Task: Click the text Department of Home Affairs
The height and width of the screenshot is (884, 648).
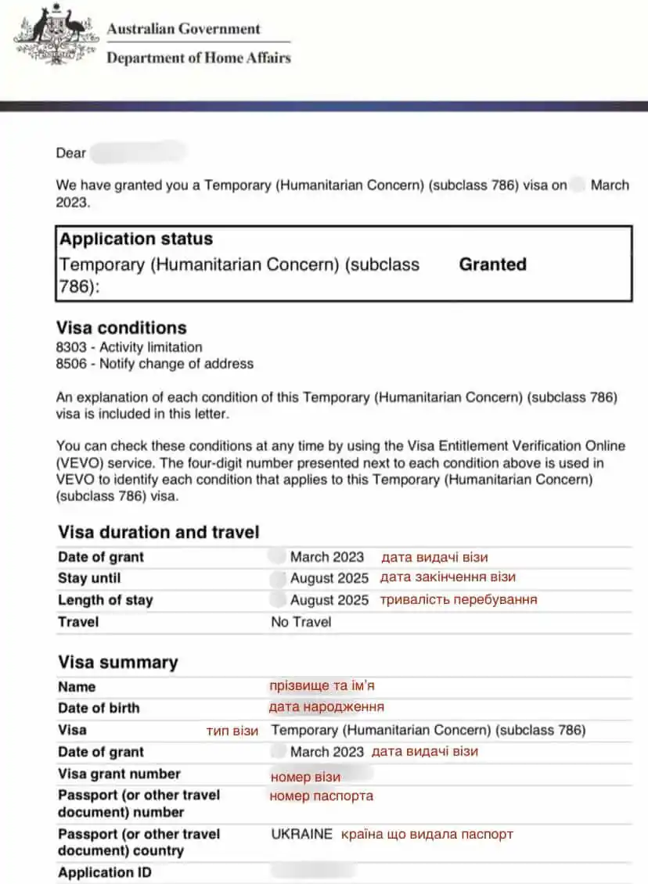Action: pos(198,58)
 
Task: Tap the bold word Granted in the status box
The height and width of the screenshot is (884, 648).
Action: pos(492,264)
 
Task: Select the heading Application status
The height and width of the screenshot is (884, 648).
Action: pos(136,239)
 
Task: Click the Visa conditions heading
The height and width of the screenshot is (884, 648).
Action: pos(121,328)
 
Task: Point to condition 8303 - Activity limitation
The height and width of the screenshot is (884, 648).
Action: pos(129,347)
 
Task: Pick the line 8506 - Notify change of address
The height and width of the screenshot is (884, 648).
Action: pos(154,364)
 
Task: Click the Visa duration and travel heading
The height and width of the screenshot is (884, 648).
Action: pos(158,533)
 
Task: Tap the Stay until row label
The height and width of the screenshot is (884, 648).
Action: pos(89,579)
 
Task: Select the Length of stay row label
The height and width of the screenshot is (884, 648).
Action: pos(105,601)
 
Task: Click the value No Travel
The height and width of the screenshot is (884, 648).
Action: pos(301,623)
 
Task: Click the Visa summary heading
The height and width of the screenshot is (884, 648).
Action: pos(118,663)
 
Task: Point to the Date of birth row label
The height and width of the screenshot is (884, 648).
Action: pos(99,709)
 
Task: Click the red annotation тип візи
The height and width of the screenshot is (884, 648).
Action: pos(232,731)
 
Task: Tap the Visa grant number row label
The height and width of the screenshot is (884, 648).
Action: pos(119,774)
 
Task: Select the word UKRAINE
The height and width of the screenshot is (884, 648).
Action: pos(302,835)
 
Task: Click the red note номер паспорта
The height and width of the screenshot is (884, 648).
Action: pos(322,796)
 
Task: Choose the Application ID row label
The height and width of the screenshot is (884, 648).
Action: pos(105,873)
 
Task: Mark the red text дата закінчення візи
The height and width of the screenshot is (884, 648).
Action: pos(448,578)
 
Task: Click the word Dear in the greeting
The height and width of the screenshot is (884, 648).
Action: pos(70,153)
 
